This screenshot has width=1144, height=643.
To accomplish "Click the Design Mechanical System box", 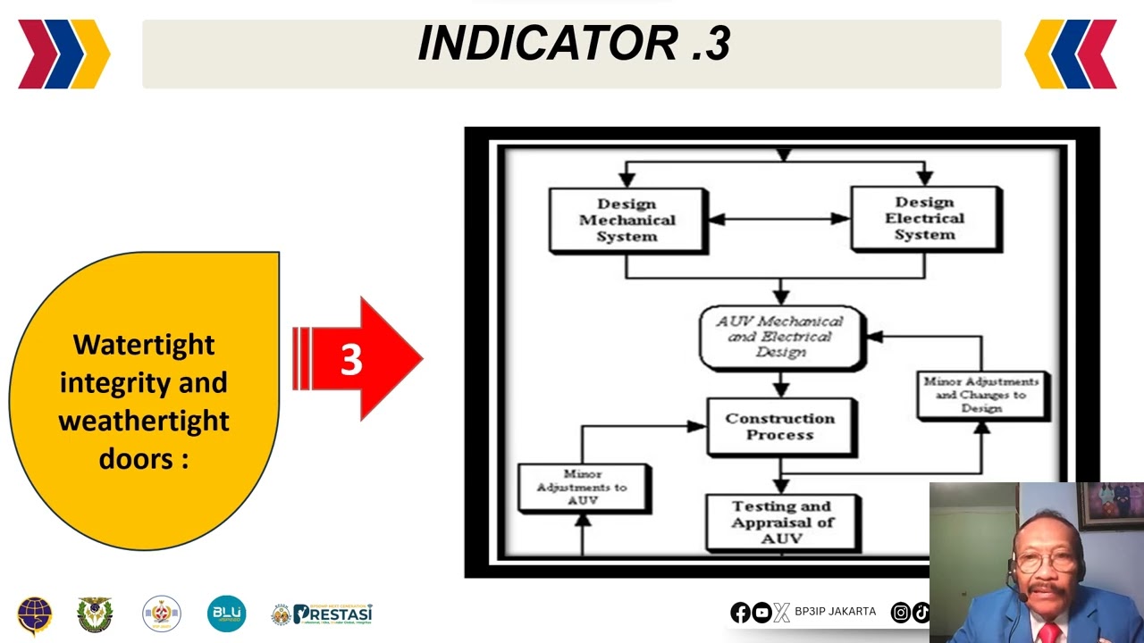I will click(627, 220).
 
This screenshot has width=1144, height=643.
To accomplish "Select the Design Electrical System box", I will click(925, 219).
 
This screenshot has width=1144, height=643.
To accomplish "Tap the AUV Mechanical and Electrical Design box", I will click(780, 337).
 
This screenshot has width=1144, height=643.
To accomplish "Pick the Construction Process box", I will click(780, 426).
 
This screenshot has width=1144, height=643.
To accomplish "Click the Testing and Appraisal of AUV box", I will click(781, 522).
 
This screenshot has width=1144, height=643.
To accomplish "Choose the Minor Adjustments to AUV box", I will click(583, 488).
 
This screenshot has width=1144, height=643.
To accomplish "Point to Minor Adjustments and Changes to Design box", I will click(981, 395).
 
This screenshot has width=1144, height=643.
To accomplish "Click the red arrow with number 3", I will click(357, 359).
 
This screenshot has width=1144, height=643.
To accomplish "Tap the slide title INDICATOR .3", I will click(573, 44).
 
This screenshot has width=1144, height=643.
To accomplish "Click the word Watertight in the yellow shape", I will click(144, 345).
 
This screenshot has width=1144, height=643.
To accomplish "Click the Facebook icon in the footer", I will click(740, 612).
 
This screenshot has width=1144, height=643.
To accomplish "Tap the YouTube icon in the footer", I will click(761, 612).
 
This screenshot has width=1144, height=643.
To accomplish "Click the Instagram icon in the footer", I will click(901, 612).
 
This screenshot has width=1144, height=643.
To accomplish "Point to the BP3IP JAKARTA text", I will click(835, 612).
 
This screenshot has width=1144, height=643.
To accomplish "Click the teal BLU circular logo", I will click(226, 614).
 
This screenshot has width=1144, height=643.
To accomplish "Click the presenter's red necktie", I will click(1047, 632).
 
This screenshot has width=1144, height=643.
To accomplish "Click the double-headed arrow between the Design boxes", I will click(778, 218).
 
